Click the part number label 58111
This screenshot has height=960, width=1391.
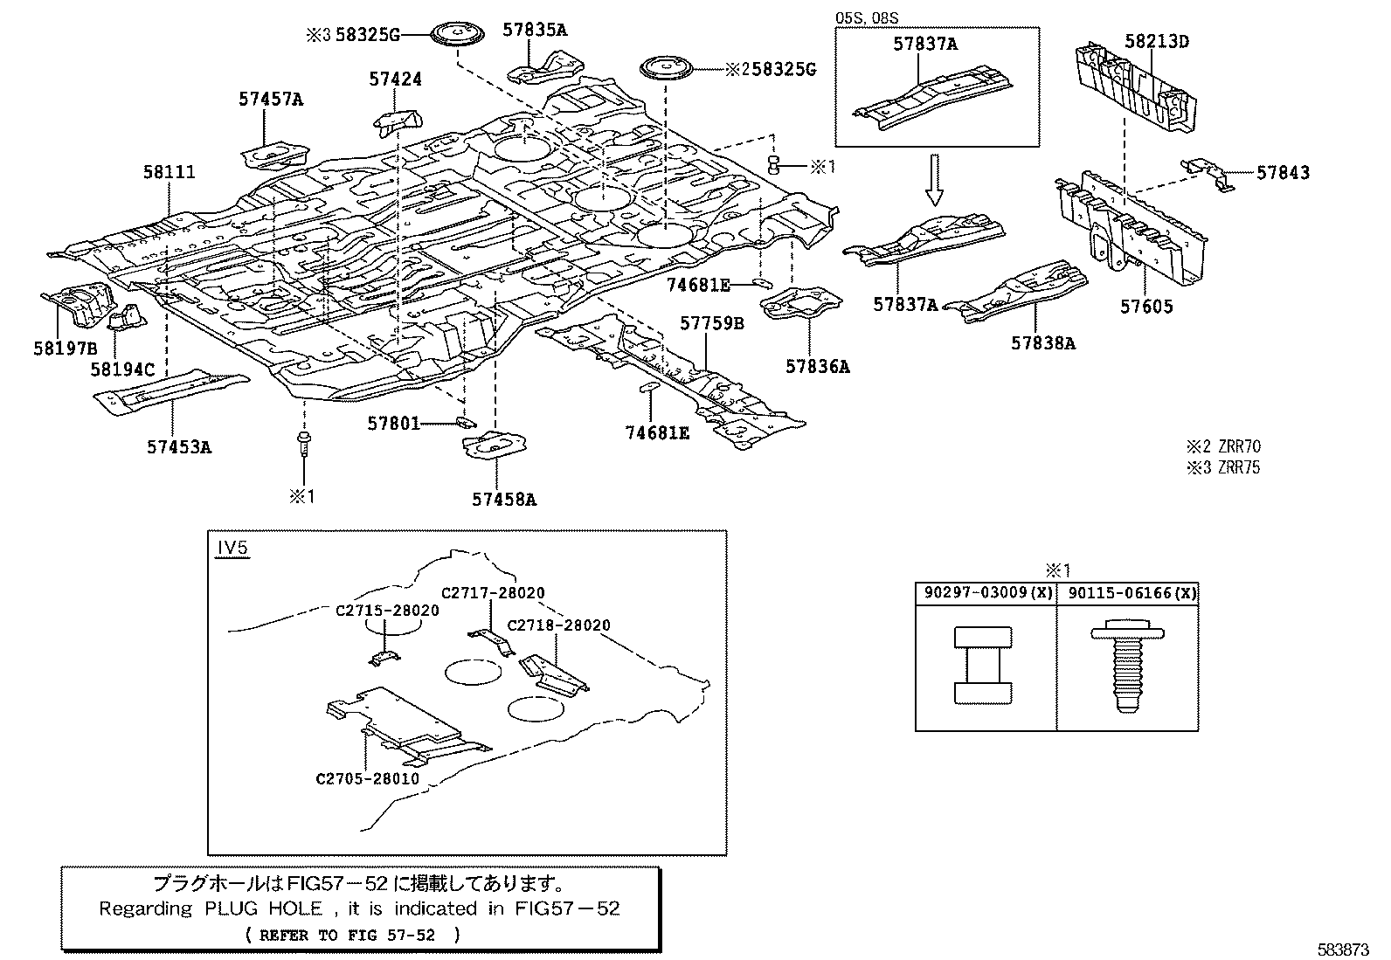169,173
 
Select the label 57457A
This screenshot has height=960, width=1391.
271,100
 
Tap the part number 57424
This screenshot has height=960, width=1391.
395,79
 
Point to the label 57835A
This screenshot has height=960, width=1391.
535,30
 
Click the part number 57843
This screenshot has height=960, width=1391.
1283,173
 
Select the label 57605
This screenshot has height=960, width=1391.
1146,307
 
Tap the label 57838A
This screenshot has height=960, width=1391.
1043,343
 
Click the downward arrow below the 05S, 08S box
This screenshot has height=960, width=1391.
935,180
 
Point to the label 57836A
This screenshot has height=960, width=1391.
817,367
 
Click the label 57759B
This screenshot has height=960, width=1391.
712,324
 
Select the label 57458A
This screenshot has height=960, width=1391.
504,500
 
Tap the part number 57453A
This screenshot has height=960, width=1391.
179,447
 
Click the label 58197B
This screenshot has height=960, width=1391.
65,348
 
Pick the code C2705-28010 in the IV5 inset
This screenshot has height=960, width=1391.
367,778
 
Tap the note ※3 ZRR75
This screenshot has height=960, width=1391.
1222,467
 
